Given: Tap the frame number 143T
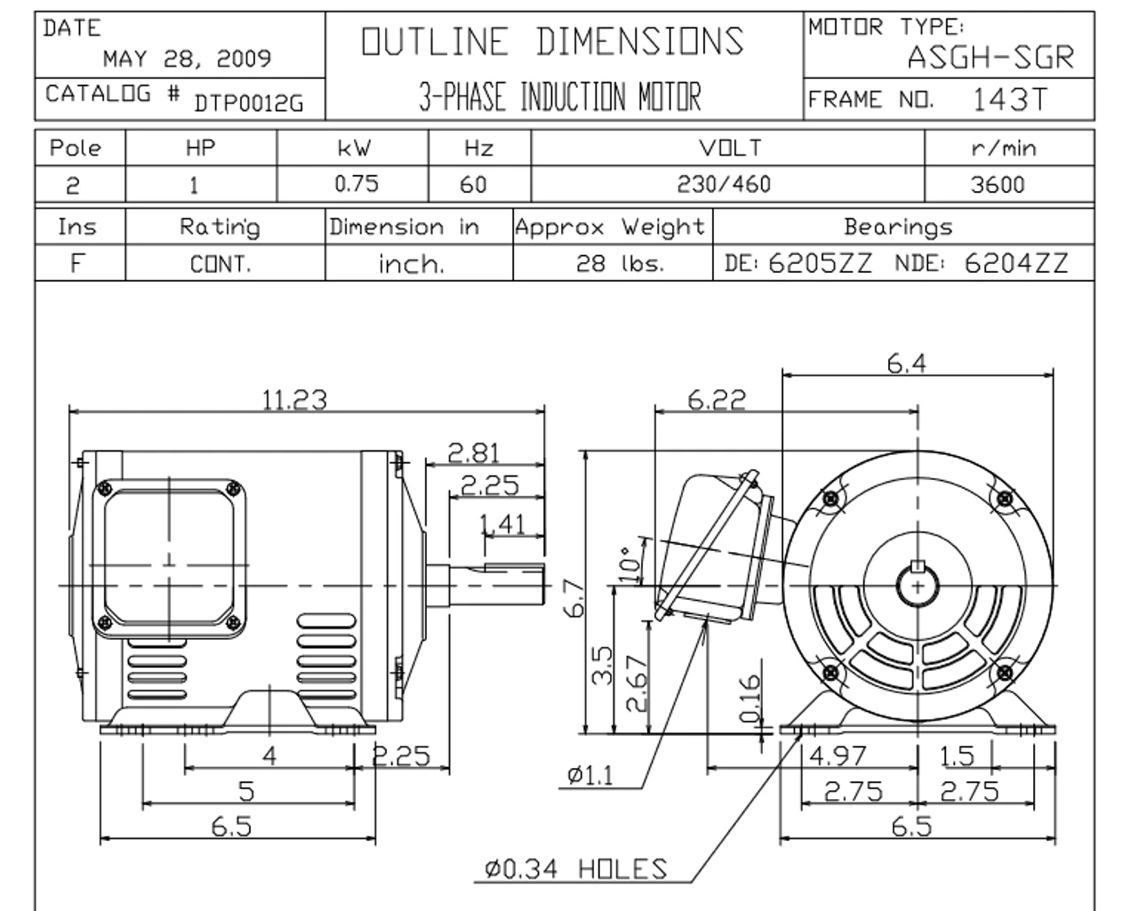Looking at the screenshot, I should click(x=1010, y=99).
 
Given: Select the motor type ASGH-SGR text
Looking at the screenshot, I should click(x=990, y=58).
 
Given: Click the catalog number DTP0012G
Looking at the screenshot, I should click(x=248, y=104).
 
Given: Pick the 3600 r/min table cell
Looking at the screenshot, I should click(x=998, y=184).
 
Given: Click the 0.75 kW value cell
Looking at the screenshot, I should click(x=356, y=184).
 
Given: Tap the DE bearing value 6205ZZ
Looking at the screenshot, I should click(x=820, y=263).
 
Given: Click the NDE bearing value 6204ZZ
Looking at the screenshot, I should click(x=1015, y=263).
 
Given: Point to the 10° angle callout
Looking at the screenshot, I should click(x=629, y=563).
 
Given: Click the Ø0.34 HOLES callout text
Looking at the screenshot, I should click(x=575, y=868).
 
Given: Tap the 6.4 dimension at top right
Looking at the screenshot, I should click(x=906, y=363).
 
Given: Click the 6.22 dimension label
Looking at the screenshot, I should click(x=716, y=399).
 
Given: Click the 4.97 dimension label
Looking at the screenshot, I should click(x=837, y=755).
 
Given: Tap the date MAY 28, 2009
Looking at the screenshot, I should click(x=187, y=59).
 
